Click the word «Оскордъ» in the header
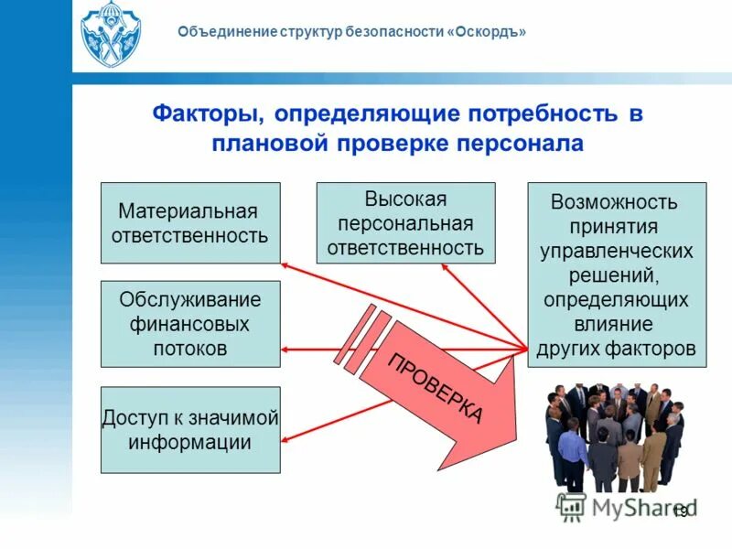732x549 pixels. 487,32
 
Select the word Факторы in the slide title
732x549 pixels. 205,114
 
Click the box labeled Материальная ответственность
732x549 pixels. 189,223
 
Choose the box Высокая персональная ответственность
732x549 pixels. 405,223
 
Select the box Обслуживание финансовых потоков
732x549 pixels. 189,324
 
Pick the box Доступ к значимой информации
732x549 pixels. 189,429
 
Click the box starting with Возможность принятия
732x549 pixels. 616,274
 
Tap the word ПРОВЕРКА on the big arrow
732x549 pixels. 436,387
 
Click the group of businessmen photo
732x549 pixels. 615,437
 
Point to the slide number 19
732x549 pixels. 679,511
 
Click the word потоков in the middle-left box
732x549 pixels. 190,349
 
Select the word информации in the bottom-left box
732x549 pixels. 190,442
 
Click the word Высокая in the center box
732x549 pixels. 405,199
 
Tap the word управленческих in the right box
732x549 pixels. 616,251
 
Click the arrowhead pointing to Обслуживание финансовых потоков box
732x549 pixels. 287,349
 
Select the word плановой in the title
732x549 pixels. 270,144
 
